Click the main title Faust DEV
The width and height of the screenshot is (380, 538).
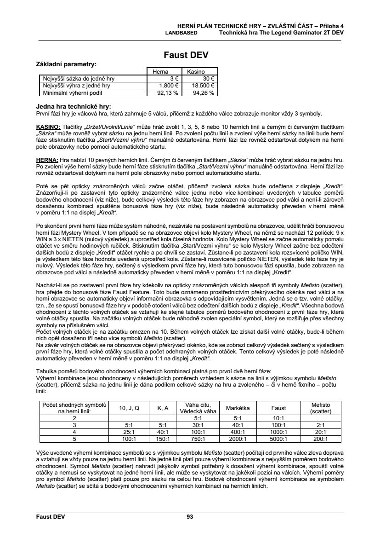point(186,55)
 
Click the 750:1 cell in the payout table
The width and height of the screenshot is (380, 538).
point(198,439)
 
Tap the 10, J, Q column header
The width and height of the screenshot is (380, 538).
point(129,408)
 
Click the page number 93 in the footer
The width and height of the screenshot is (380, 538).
point(190,517)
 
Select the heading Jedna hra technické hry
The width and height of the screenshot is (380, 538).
point(73,107)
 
